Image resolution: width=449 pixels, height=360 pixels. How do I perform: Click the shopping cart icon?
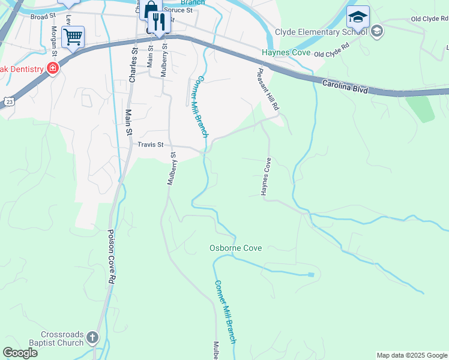(73, 37)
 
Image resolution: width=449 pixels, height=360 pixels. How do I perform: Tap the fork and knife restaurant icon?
(158, 22)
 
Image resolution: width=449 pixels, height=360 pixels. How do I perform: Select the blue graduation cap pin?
(358, 17)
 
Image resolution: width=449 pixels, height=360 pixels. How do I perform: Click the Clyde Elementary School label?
(321, 32)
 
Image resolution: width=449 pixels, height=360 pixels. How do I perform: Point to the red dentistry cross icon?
(53, 68)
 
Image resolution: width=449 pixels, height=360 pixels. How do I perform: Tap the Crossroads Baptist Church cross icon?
(92, 338)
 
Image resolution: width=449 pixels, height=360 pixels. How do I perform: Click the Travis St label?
(151, 145)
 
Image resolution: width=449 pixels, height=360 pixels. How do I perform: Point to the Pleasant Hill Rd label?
(268, 89)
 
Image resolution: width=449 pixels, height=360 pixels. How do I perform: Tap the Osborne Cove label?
(235, 248)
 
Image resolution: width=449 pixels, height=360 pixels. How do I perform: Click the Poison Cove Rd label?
(111, 257)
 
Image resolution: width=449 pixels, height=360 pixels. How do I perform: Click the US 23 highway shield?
(8, 102)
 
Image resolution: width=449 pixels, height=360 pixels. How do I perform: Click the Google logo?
(20, 353)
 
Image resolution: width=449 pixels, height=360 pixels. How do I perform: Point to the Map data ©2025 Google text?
(411, 355)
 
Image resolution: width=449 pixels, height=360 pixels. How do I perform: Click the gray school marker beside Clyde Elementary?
(376, 31)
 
